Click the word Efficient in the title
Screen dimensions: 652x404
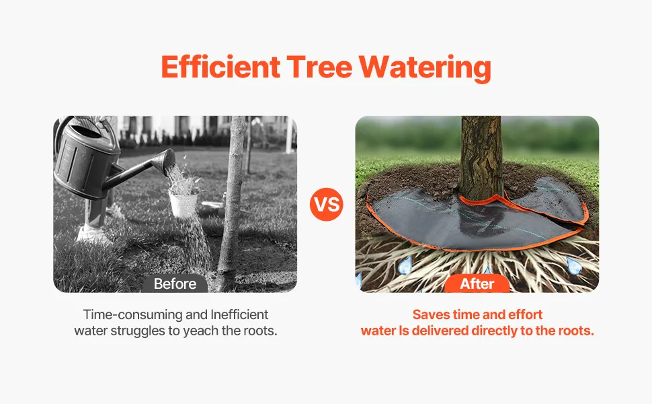click(220, 67)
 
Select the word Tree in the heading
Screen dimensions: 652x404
click(319, 67)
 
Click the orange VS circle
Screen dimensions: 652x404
click(327, 204)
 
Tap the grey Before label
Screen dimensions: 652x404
click(175, 283)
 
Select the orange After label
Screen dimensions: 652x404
click(477, 283)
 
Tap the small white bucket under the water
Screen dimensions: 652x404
click(184, 204)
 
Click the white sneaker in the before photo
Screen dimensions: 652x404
click(92, 234)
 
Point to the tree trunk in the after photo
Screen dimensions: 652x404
click(481, 158)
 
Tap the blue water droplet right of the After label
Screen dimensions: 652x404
click(573, 266)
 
